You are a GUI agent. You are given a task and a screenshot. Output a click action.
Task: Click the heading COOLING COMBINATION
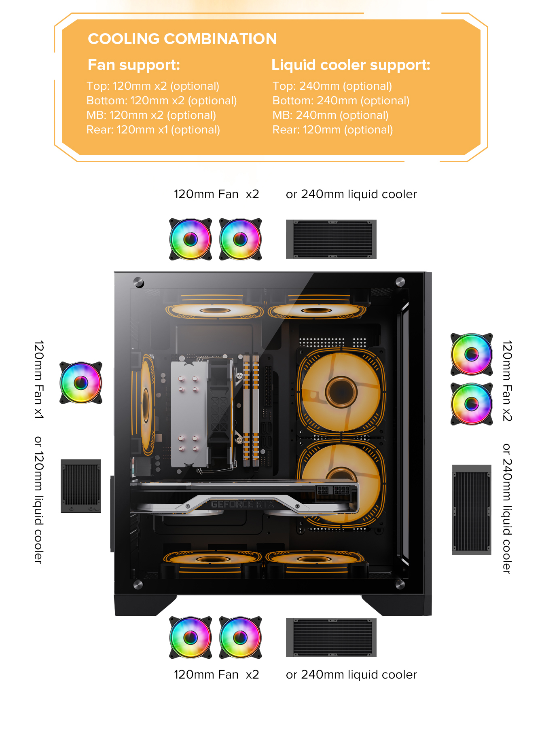[x=182, y=39]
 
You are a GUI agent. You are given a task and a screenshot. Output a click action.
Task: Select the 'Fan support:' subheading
[x=134, y=65]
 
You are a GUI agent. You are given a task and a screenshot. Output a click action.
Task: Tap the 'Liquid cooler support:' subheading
[x=351, y=65]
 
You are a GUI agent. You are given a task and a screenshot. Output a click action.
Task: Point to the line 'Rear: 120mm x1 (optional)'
[x=153, y=130]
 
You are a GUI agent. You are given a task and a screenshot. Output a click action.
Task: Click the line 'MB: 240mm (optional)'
[x=330, y=115]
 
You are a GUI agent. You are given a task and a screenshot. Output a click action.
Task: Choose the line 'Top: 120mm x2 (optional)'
[x=153, y=86]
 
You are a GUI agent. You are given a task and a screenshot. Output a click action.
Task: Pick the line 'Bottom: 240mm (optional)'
[x=341, y=101]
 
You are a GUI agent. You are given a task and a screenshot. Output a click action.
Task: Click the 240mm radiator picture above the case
[x=331, y=239]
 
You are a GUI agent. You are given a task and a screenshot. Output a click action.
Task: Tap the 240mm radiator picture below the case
[x=331, y=637]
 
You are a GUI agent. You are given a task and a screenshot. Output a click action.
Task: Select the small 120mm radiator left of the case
[x=81, y=486]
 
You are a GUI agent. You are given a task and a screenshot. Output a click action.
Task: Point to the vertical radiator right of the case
[x=472, y=510]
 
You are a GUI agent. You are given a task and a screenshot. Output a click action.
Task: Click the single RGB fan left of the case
[x=81, y=383]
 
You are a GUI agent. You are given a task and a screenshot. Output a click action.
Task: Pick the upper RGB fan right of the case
[x=472, y=354]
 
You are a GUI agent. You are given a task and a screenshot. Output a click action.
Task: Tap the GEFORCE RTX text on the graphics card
[x=242, y=504]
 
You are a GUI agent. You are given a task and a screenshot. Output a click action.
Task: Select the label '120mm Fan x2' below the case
[x=216, y=675]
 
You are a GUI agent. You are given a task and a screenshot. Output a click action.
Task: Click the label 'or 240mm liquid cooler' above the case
[x=351, y=195]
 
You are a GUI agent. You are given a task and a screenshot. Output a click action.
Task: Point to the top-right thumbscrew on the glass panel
[x=400, y=282]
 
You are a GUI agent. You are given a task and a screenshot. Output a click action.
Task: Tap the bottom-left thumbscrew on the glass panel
[x=138, y=584]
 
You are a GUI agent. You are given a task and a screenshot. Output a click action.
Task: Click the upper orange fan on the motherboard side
[x=341, y=392]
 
